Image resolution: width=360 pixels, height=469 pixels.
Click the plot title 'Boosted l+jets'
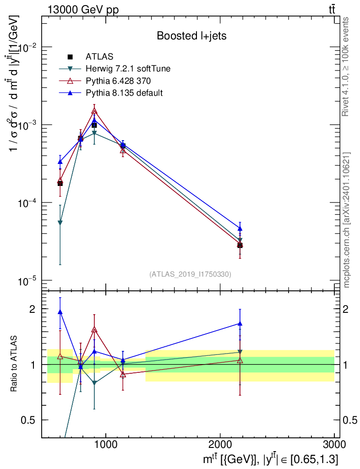coord(191,36)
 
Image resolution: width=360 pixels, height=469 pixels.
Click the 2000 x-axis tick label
coord(220,444)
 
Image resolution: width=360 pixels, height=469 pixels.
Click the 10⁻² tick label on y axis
coord(27,48)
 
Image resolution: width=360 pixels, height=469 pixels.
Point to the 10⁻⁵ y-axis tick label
coord(27,281)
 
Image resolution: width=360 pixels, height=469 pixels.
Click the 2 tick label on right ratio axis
coord(345,309)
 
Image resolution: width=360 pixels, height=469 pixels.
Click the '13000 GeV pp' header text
coord(83,10)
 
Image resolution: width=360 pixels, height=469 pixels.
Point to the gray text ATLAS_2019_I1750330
coord(190,274)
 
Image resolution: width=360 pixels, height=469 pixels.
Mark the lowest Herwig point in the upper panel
coord(60,223)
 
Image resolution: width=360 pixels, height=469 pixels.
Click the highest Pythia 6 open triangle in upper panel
coord(94,111)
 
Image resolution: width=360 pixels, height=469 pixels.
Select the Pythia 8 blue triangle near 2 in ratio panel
coord(60,312)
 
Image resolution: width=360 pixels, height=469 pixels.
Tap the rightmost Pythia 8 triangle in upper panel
coord(240,229)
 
